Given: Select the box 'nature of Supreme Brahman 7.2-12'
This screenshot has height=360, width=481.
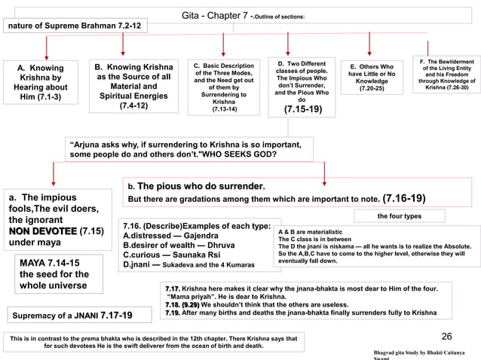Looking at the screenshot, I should coord(75,26).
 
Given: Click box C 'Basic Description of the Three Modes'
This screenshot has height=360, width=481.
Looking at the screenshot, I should coord(224,86).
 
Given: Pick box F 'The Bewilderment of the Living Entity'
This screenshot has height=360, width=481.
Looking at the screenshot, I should coord(446,74).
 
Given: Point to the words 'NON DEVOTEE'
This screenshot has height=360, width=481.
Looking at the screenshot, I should coord(42,230).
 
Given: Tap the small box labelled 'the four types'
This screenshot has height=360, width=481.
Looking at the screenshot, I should coord(400,217).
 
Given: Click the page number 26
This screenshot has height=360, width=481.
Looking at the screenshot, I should coord(446,337).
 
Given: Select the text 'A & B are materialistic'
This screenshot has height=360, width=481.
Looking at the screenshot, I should coord(310,232).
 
